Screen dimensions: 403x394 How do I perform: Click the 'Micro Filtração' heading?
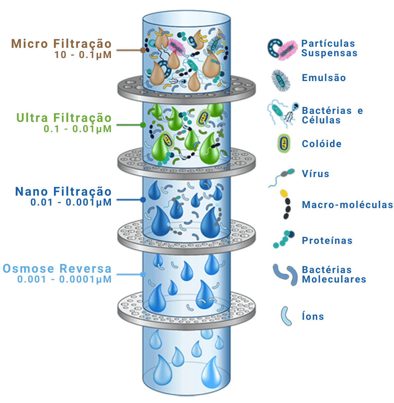(61, 44)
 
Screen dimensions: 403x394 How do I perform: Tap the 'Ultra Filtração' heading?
(64, 118)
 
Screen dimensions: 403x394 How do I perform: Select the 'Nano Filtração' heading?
(63, 191)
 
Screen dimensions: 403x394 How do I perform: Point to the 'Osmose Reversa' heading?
(57, 269)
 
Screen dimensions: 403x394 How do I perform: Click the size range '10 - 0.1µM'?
(83, 55)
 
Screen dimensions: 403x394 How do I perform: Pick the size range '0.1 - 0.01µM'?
(78, 128)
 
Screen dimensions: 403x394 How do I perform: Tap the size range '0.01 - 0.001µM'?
(71, 202)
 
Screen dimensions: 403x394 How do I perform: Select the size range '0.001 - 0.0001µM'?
(64, 279)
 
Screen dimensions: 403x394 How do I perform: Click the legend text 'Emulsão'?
(324, 78)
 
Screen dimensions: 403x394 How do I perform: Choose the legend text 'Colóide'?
(321, 144)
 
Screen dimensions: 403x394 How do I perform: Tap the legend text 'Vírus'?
(316, 174)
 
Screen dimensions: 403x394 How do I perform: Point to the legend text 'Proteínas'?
(327, 241)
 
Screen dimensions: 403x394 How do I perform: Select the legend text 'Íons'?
(313, 316)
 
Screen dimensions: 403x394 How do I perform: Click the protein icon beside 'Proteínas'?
(284, 239)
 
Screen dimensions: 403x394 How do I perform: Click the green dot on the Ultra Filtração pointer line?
(143, 125)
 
